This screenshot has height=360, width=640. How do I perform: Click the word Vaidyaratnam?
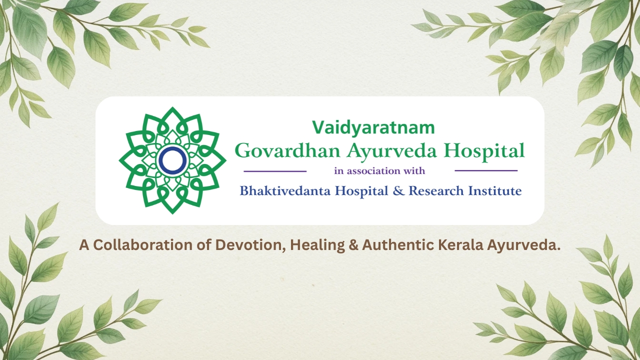[x=373, y=127]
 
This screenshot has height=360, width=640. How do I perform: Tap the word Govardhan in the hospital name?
[x=287, y=150]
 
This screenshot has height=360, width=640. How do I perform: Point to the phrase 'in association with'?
[x=379, y=171]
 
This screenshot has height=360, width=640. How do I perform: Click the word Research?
[x=436, y=191]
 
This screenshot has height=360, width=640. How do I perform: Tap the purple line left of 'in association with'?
[x=275, y=171]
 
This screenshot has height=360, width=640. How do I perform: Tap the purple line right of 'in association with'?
[x=486, y=171]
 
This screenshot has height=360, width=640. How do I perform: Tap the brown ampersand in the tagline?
[x=353, y=245]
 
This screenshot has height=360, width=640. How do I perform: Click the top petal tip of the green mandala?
[x=172, y=107]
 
